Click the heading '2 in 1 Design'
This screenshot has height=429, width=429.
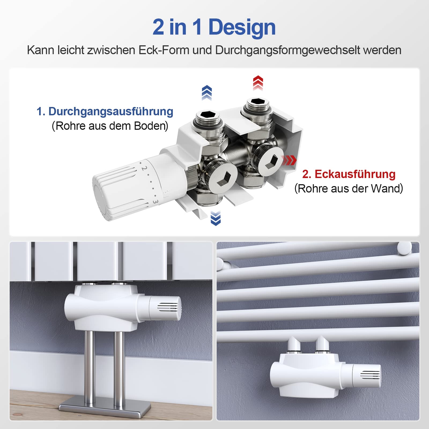click(214, 27)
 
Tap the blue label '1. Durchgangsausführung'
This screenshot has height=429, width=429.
click(105, 111)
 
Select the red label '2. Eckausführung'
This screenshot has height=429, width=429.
click(349, 174)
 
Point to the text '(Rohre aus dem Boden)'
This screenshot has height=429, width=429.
click(110, 126)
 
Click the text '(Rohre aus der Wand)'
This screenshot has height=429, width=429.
click(349, 188)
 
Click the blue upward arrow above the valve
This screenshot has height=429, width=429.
click(207, 93)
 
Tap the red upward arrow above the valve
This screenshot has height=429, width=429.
click(258, 83)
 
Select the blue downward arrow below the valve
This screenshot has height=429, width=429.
click(216, 218)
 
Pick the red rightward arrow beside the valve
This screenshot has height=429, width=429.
click(289, 160)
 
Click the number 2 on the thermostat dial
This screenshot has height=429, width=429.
click(144, 168)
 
